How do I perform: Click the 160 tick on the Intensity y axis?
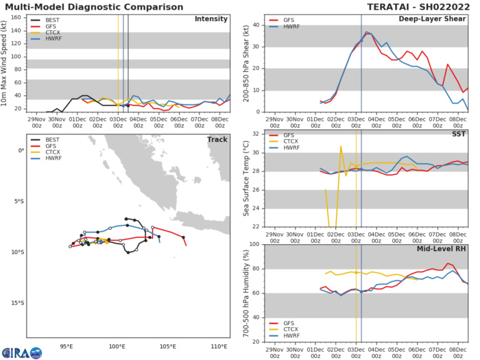click(x=18, y=18)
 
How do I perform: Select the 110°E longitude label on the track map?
click(x=219, y=345)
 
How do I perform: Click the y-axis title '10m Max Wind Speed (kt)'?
click(x=6, y=63)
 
